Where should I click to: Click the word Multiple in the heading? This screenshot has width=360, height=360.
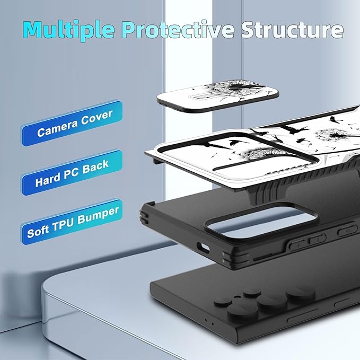click(68, 29)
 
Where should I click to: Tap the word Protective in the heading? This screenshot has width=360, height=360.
click(178, 29)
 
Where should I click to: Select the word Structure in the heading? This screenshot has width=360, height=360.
click(292, 29)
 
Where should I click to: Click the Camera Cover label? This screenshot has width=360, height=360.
click(72, 124)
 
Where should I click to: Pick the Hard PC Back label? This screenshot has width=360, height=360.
click(72, 173)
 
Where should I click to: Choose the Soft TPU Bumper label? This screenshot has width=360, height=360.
click(72, 222)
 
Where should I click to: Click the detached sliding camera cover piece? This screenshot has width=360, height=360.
click(218, 95)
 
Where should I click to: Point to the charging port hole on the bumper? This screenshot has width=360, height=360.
click(203, 248)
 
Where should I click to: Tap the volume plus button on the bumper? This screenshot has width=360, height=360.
click(297, 245)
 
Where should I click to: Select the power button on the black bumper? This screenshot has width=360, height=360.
click(347, 231)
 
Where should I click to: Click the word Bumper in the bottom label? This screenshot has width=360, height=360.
click(98, 215)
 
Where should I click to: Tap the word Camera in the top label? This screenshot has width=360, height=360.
click(58, 128)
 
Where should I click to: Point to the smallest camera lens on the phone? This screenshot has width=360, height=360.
click(252, 293)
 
